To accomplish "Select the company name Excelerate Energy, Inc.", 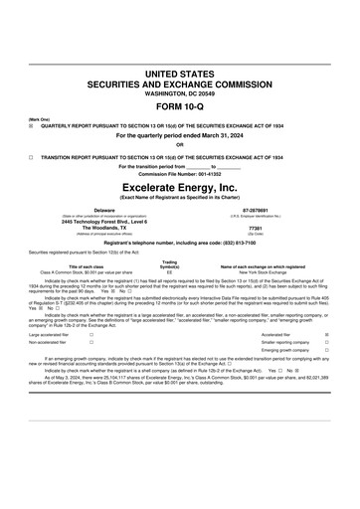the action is pos(179,187).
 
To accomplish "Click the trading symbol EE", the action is pos(170,271).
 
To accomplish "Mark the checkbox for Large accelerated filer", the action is pos(91,335).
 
